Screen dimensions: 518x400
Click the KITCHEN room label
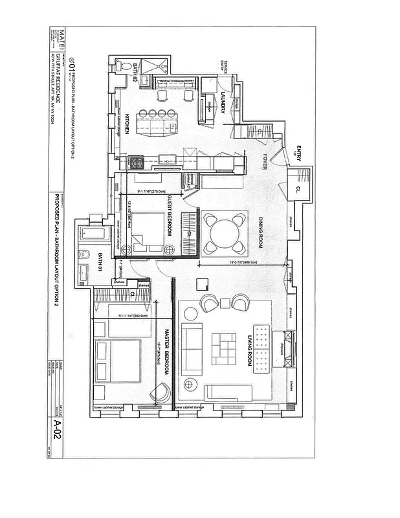[x=128, y=123]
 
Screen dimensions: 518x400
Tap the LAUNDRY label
[x=222, y=102]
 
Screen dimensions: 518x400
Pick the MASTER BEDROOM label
[x=166, y=353]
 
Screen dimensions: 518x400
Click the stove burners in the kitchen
[x=137, y=162]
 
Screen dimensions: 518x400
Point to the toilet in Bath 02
[x=122, y=65]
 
